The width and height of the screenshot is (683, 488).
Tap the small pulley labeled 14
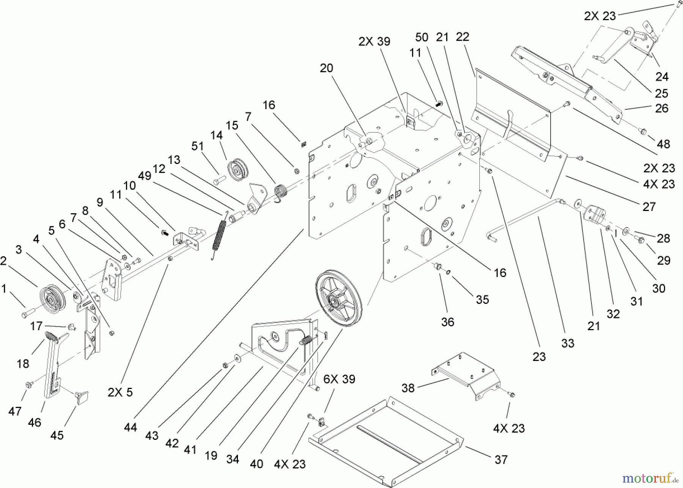coord(238,170)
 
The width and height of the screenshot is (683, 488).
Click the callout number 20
coord(326,68)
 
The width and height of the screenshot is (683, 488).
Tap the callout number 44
coord(130,427)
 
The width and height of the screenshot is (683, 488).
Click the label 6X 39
coord(339,379)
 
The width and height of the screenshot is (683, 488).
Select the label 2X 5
coord(120,392)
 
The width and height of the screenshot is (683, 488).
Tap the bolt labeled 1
coord(27,314)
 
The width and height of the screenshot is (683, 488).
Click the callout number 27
coord(649,207)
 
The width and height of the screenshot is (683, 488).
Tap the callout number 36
coord(448,322)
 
